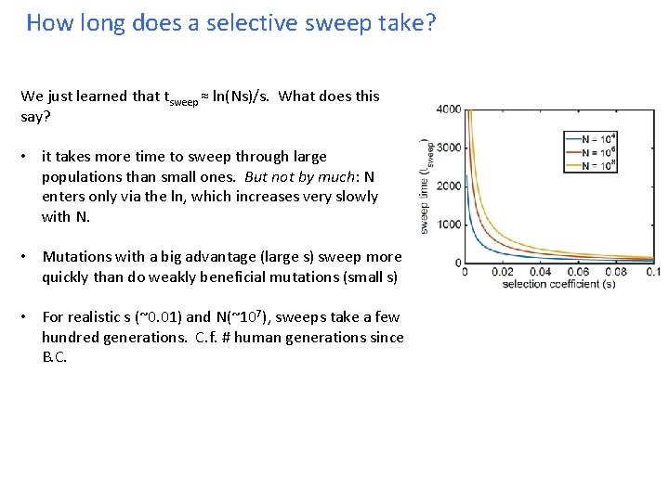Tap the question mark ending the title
pyautogui.click(x=428, y=23)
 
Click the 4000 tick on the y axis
pyautogui.click(x=448, y=109)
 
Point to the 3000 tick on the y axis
pyautogui.click(x=448, y=148)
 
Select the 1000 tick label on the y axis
pyautogui.click(x=448, y=225)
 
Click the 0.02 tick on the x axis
pyautogui.click(x=503, y=273)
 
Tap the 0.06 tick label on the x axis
pyautogui.click(x=579, y=273)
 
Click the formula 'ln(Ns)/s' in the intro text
pyautogui.click(x=243, y=96)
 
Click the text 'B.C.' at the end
pyautogui.click(x=55, y=357)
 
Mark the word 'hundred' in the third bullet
pyautogui.click(x=71, y=338)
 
